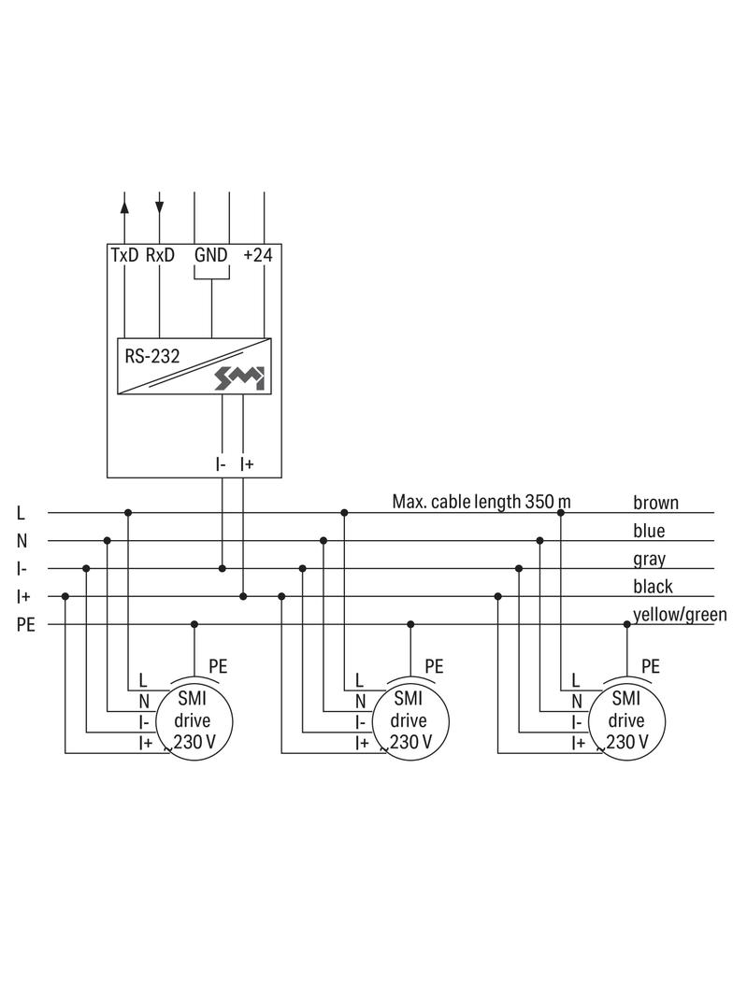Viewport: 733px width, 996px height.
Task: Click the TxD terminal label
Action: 124,255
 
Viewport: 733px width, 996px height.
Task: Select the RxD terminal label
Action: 160,255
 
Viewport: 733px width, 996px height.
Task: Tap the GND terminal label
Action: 211,255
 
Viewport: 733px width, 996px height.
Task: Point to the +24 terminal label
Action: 257,255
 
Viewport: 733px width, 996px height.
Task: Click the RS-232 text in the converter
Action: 152,356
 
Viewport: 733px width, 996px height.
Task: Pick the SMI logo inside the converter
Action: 240,377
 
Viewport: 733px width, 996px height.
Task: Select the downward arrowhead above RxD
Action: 160,205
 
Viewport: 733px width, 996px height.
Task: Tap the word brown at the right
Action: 655,503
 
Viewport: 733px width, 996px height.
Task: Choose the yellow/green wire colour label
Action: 680,615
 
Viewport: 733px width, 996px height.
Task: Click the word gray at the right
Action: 649,560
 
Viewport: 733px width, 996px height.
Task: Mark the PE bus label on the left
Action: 25,625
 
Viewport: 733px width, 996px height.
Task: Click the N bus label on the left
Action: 22,541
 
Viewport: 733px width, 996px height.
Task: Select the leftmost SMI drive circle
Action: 194,720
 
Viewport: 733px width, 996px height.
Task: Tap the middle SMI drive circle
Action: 410,720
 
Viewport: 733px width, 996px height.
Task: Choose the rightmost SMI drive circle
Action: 625,720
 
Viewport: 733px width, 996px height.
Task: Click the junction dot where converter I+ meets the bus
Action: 243,596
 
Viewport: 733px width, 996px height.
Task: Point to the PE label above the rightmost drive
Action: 650,666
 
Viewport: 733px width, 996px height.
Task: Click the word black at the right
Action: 653,587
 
